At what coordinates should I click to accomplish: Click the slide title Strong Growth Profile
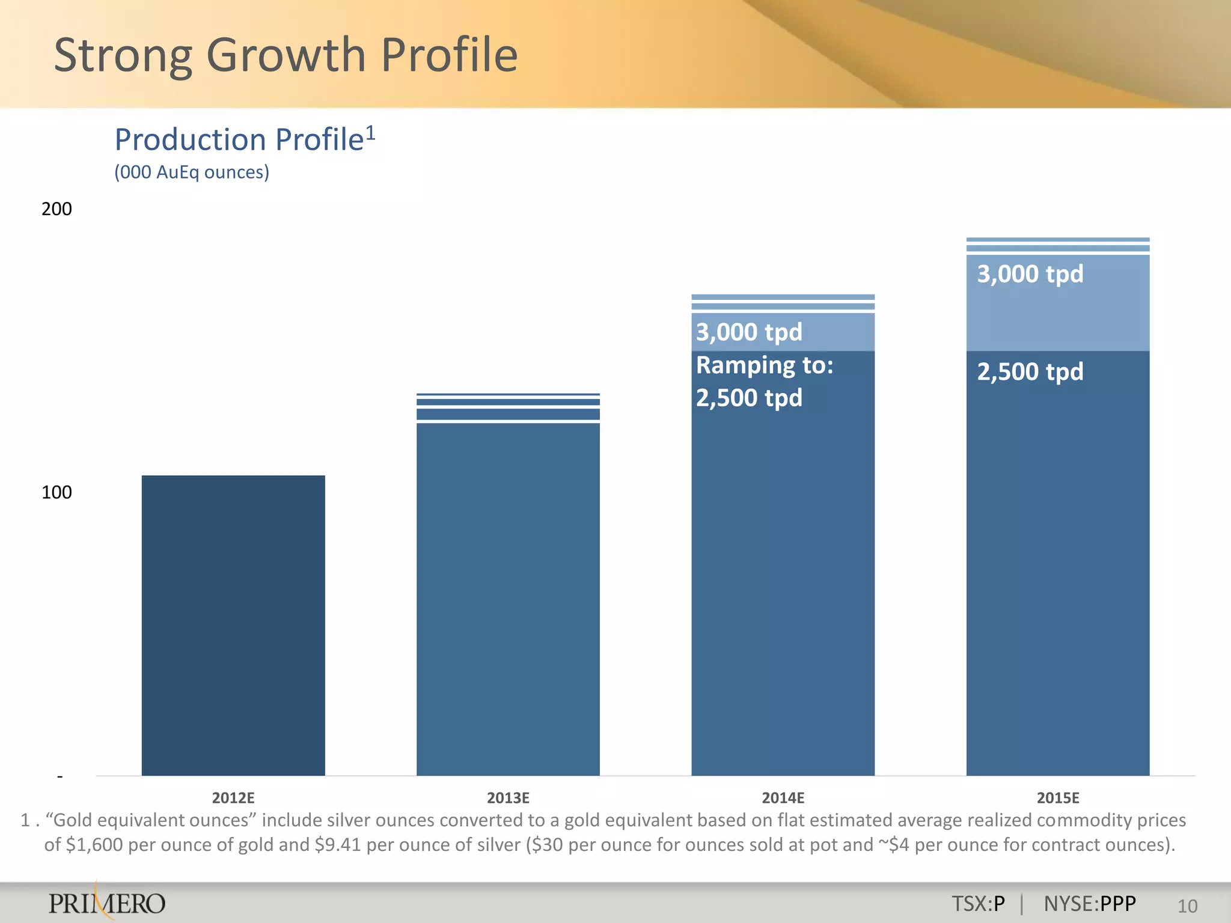[286, 55]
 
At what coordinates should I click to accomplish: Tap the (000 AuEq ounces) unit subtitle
[192, 172]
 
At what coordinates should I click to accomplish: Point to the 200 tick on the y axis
[57, 209]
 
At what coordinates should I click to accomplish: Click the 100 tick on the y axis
[57, 493]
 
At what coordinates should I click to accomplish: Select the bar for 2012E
[233, 625]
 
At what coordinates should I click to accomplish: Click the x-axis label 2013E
[508, 798]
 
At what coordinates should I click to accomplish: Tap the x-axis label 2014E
[783, 798]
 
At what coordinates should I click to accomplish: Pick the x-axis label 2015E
[1058, 798]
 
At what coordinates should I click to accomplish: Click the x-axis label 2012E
[233, 798]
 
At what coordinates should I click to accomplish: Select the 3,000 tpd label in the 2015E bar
[1030, 274]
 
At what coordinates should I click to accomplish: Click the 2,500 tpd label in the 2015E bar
[1030, 371]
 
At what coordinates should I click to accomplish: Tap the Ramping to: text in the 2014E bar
[765, 365]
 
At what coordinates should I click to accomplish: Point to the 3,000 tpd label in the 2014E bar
[749, 332]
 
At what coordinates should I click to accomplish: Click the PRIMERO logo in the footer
[107, 903]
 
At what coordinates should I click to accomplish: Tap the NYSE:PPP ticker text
[1090, 904]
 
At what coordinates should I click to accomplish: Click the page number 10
[1187, 906]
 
